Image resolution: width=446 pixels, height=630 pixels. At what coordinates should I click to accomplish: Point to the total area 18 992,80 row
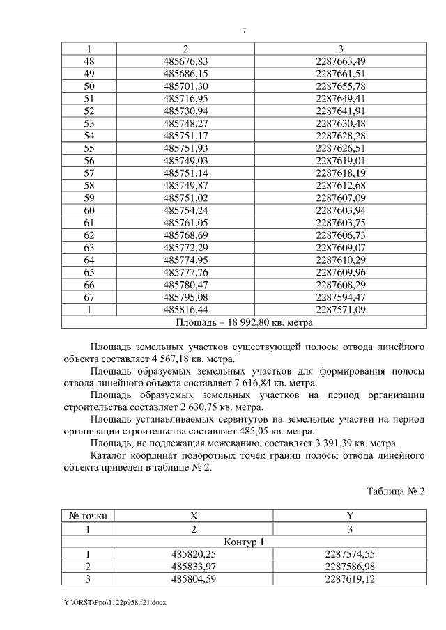[x=243, y=322]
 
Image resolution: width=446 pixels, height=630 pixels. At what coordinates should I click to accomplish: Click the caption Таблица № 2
[x=395, y=491]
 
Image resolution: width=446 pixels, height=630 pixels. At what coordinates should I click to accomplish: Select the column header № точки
[x=88, y=517]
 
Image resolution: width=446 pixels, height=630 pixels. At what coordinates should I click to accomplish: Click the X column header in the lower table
[x=194, y=517]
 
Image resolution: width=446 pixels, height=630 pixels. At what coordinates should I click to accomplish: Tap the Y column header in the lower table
[x=349, y=517]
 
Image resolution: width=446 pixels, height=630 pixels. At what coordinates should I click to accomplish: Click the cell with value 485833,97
[x=194, y=567]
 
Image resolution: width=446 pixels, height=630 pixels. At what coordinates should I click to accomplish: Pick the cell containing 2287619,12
[x=349, y=579]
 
